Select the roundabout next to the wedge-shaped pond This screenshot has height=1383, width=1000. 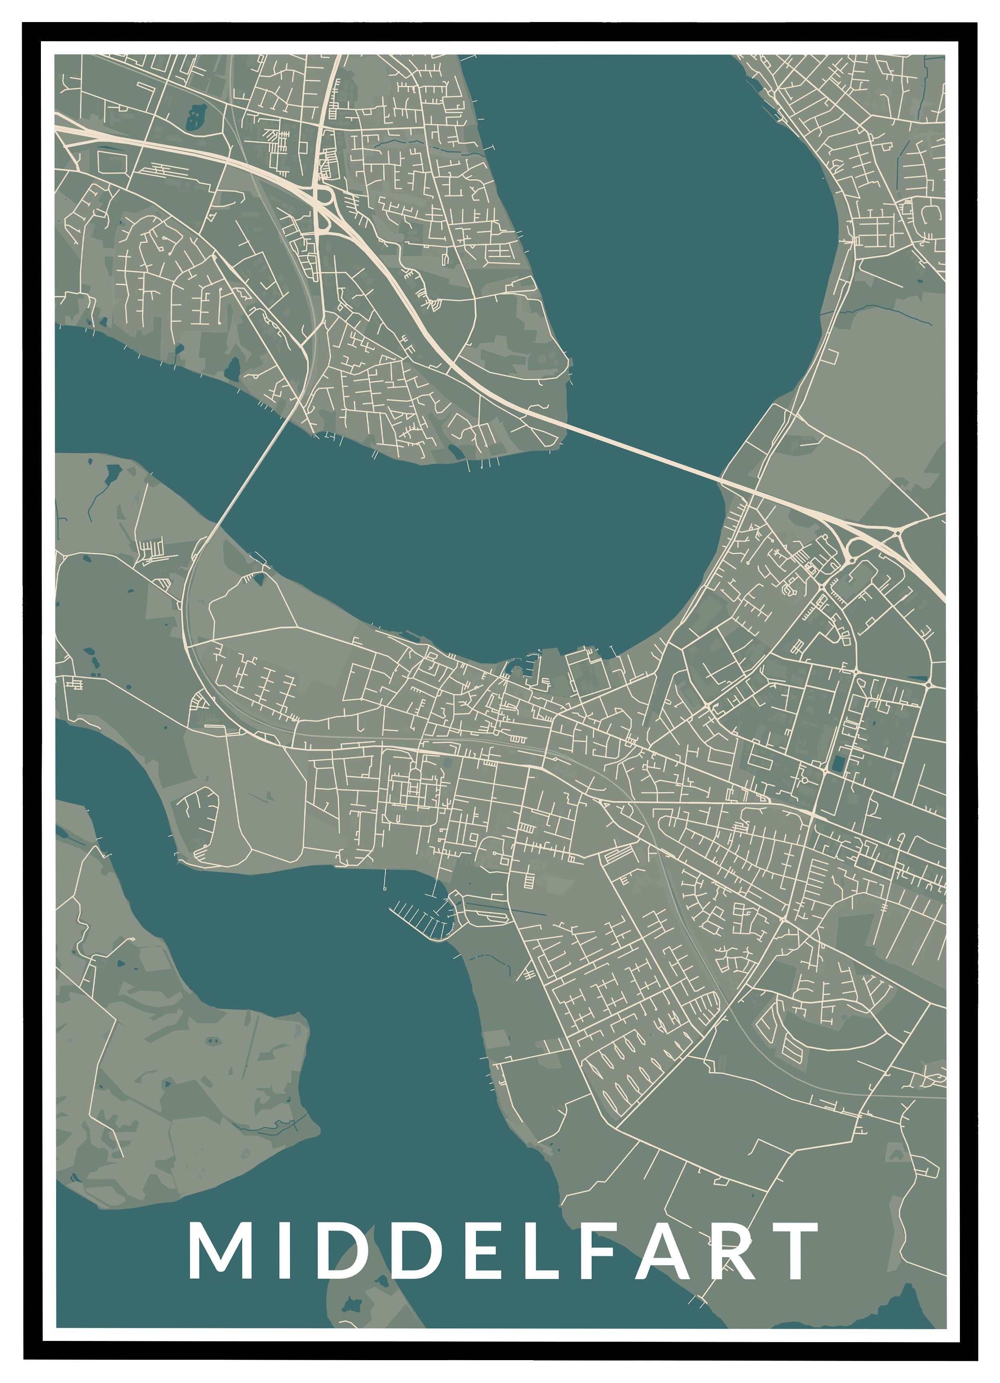928,684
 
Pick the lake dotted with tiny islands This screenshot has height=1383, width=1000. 196,115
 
